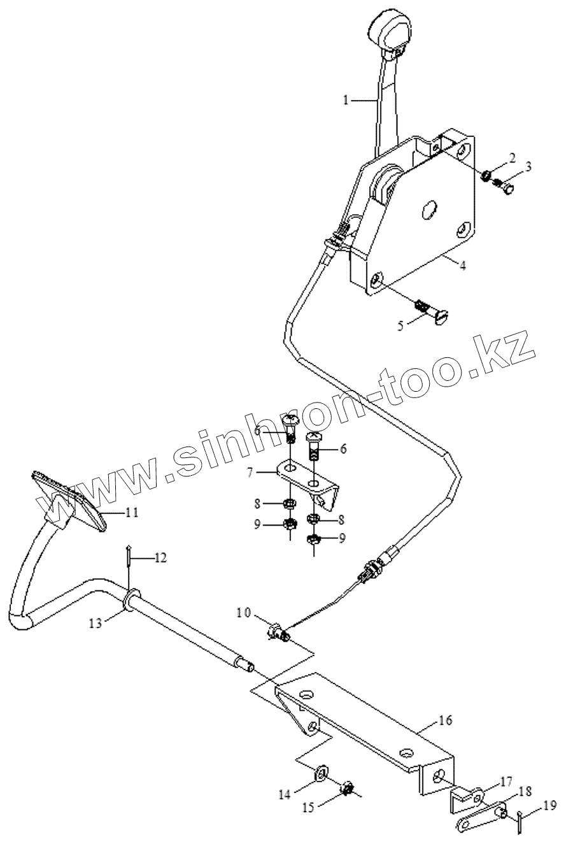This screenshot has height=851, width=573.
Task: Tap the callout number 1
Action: click(346, 101)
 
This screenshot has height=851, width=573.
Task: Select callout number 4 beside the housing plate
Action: click(463, 266)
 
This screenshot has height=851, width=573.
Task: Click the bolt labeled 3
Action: click(509, 189)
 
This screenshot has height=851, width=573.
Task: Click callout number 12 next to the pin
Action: click(160, 559)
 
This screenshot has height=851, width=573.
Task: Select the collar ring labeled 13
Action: click(128, 600)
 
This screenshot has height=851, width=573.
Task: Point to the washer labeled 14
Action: click(322, 774)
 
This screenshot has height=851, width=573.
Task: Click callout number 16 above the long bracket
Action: click(445, 720)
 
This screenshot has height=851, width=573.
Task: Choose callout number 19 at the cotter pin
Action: click(550, 805)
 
